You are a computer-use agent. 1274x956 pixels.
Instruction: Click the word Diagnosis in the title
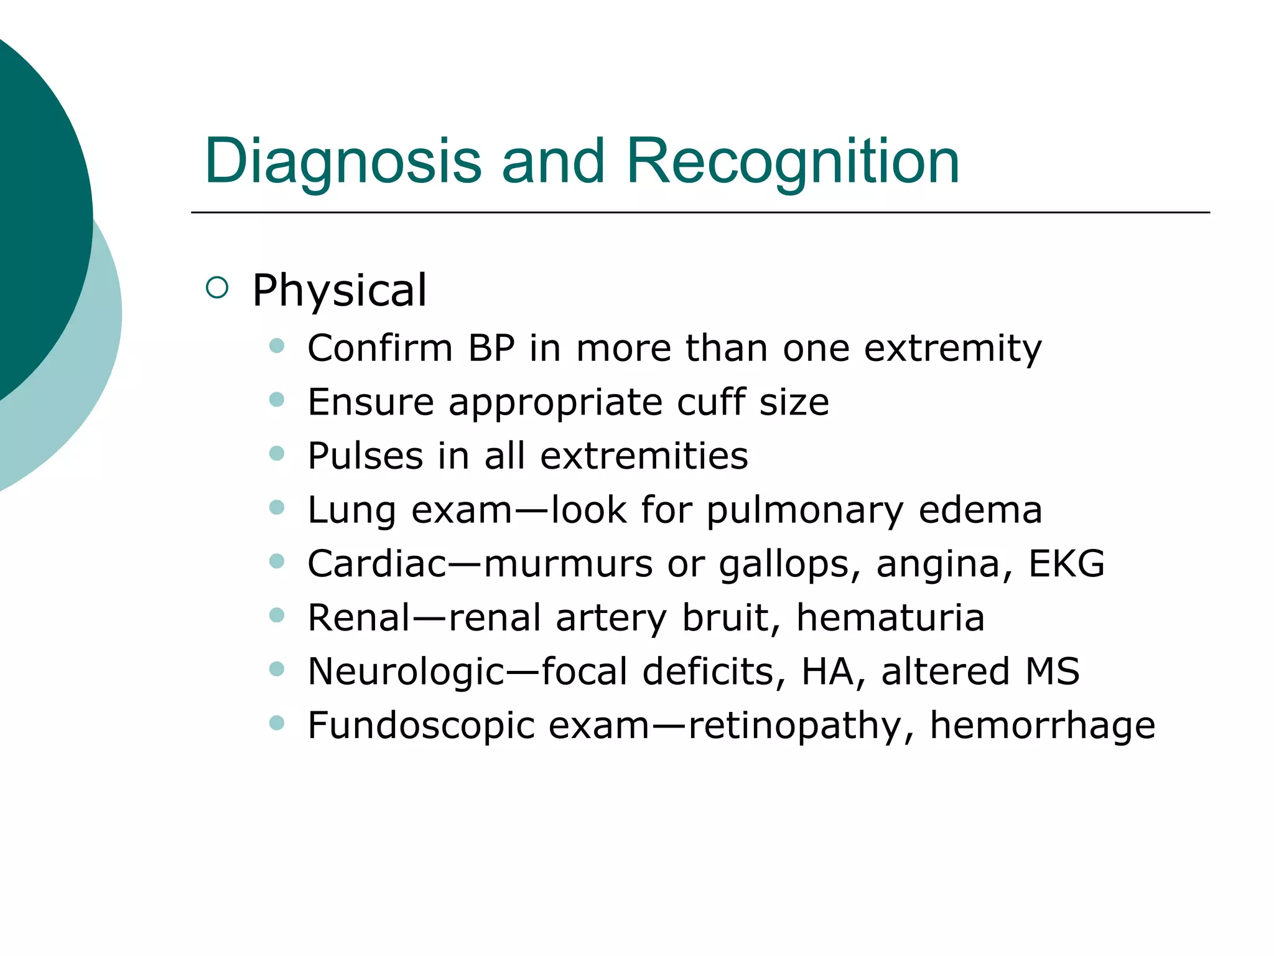click(342, 162)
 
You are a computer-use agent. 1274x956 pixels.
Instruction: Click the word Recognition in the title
click(793, 162)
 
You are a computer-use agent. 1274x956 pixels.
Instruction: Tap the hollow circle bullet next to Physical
click(217, 288)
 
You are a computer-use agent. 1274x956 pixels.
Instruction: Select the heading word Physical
click(340, 291)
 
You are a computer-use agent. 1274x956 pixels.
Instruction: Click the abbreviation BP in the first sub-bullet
click(491, 348)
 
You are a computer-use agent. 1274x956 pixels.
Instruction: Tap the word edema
click(980, 510)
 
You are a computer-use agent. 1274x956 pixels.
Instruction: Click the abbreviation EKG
click(1066, 564)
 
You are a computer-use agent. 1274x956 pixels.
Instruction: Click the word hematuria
click(890, 618)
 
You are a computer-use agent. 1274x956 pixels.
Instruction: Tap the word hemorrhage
click(1042, 726)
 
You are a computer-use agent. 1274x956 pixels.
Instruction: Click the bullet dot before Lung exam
click(277, 508)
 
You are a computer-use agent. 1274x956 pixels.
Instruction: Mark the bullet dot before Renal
click(277, 616)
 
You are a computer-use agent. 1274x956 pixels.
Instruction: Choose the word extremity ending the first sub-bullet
click(952, 349)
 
